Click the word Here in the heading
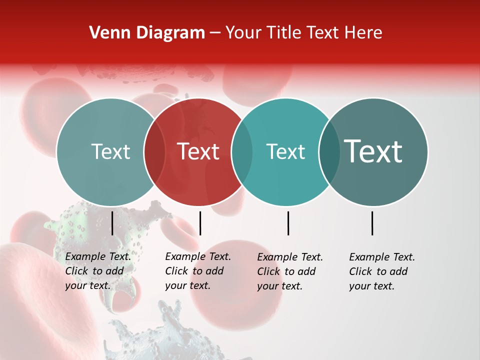pos(363,33)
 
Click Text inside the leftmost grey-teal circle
pos(110,151)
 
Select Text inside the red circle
pos(198,151)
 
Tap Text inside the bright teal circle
pos(285,151)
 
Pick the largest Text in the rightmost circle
pos(373,151)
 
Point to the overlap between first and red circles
pos(154,151)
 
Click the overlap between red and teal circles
pos(242,151)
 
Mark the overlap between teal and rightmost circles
pos(329,151)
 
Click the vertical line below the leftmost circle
pos(112,223)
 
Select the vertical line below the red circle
pos(200,223)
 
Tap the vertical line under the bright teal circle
pos(288,223)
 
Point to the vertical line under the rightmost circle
pos(372,223)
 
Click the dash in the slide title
pos(215,33)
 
